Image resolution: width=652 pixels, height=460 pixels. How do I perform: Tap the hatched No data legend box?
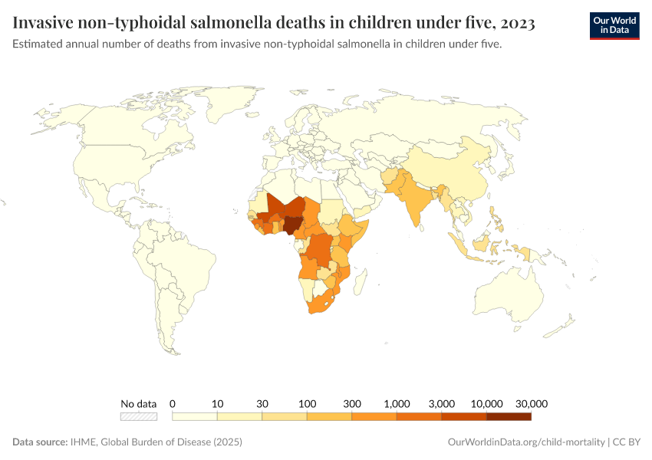coord(139,416)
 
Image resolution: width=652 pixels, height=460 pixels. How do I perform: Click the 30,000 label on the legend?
coord(531,403)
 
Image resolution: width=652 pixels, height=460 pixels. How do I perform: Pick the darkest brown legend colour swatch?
coord(509,416)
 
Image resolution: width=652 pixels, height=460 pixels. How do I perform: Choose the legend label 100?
coord(307,403)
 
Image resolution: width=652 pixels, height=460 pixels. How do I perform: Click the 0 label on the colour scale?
coord(173,403)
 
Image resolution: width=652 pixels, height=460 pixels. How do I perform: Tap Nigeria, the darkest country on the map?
coord(292,224)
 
